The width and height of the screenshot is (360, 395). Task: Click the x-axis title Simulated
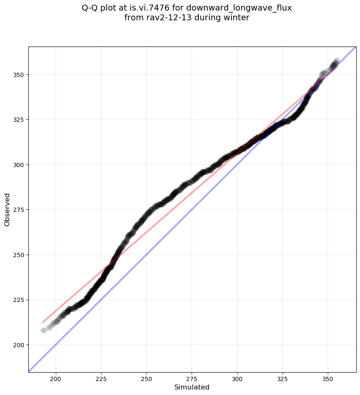click(x=192, y=387)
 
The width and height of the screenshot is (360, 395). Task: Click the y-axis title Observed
click(x=7, y=209)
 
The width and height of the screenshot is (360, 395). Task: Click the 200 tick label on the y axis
click(x=19, y=345)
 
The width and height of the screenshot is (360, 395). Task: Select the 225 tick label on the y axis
click(x=19, y=300)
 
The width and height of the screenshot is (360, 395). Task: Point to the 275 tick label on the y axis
click(x=19, y=210)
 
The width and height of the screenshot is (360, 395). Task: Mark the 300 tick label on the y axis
click(x=19, y=165)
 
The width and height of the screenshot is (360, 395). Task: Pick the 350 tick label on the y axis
click(x=19, y=74)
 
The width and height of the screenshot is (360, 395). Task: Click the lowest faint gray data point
click(x=44, y=330)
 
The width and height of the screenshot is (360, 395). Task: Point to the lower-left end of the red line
click(x=43, y=322)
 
